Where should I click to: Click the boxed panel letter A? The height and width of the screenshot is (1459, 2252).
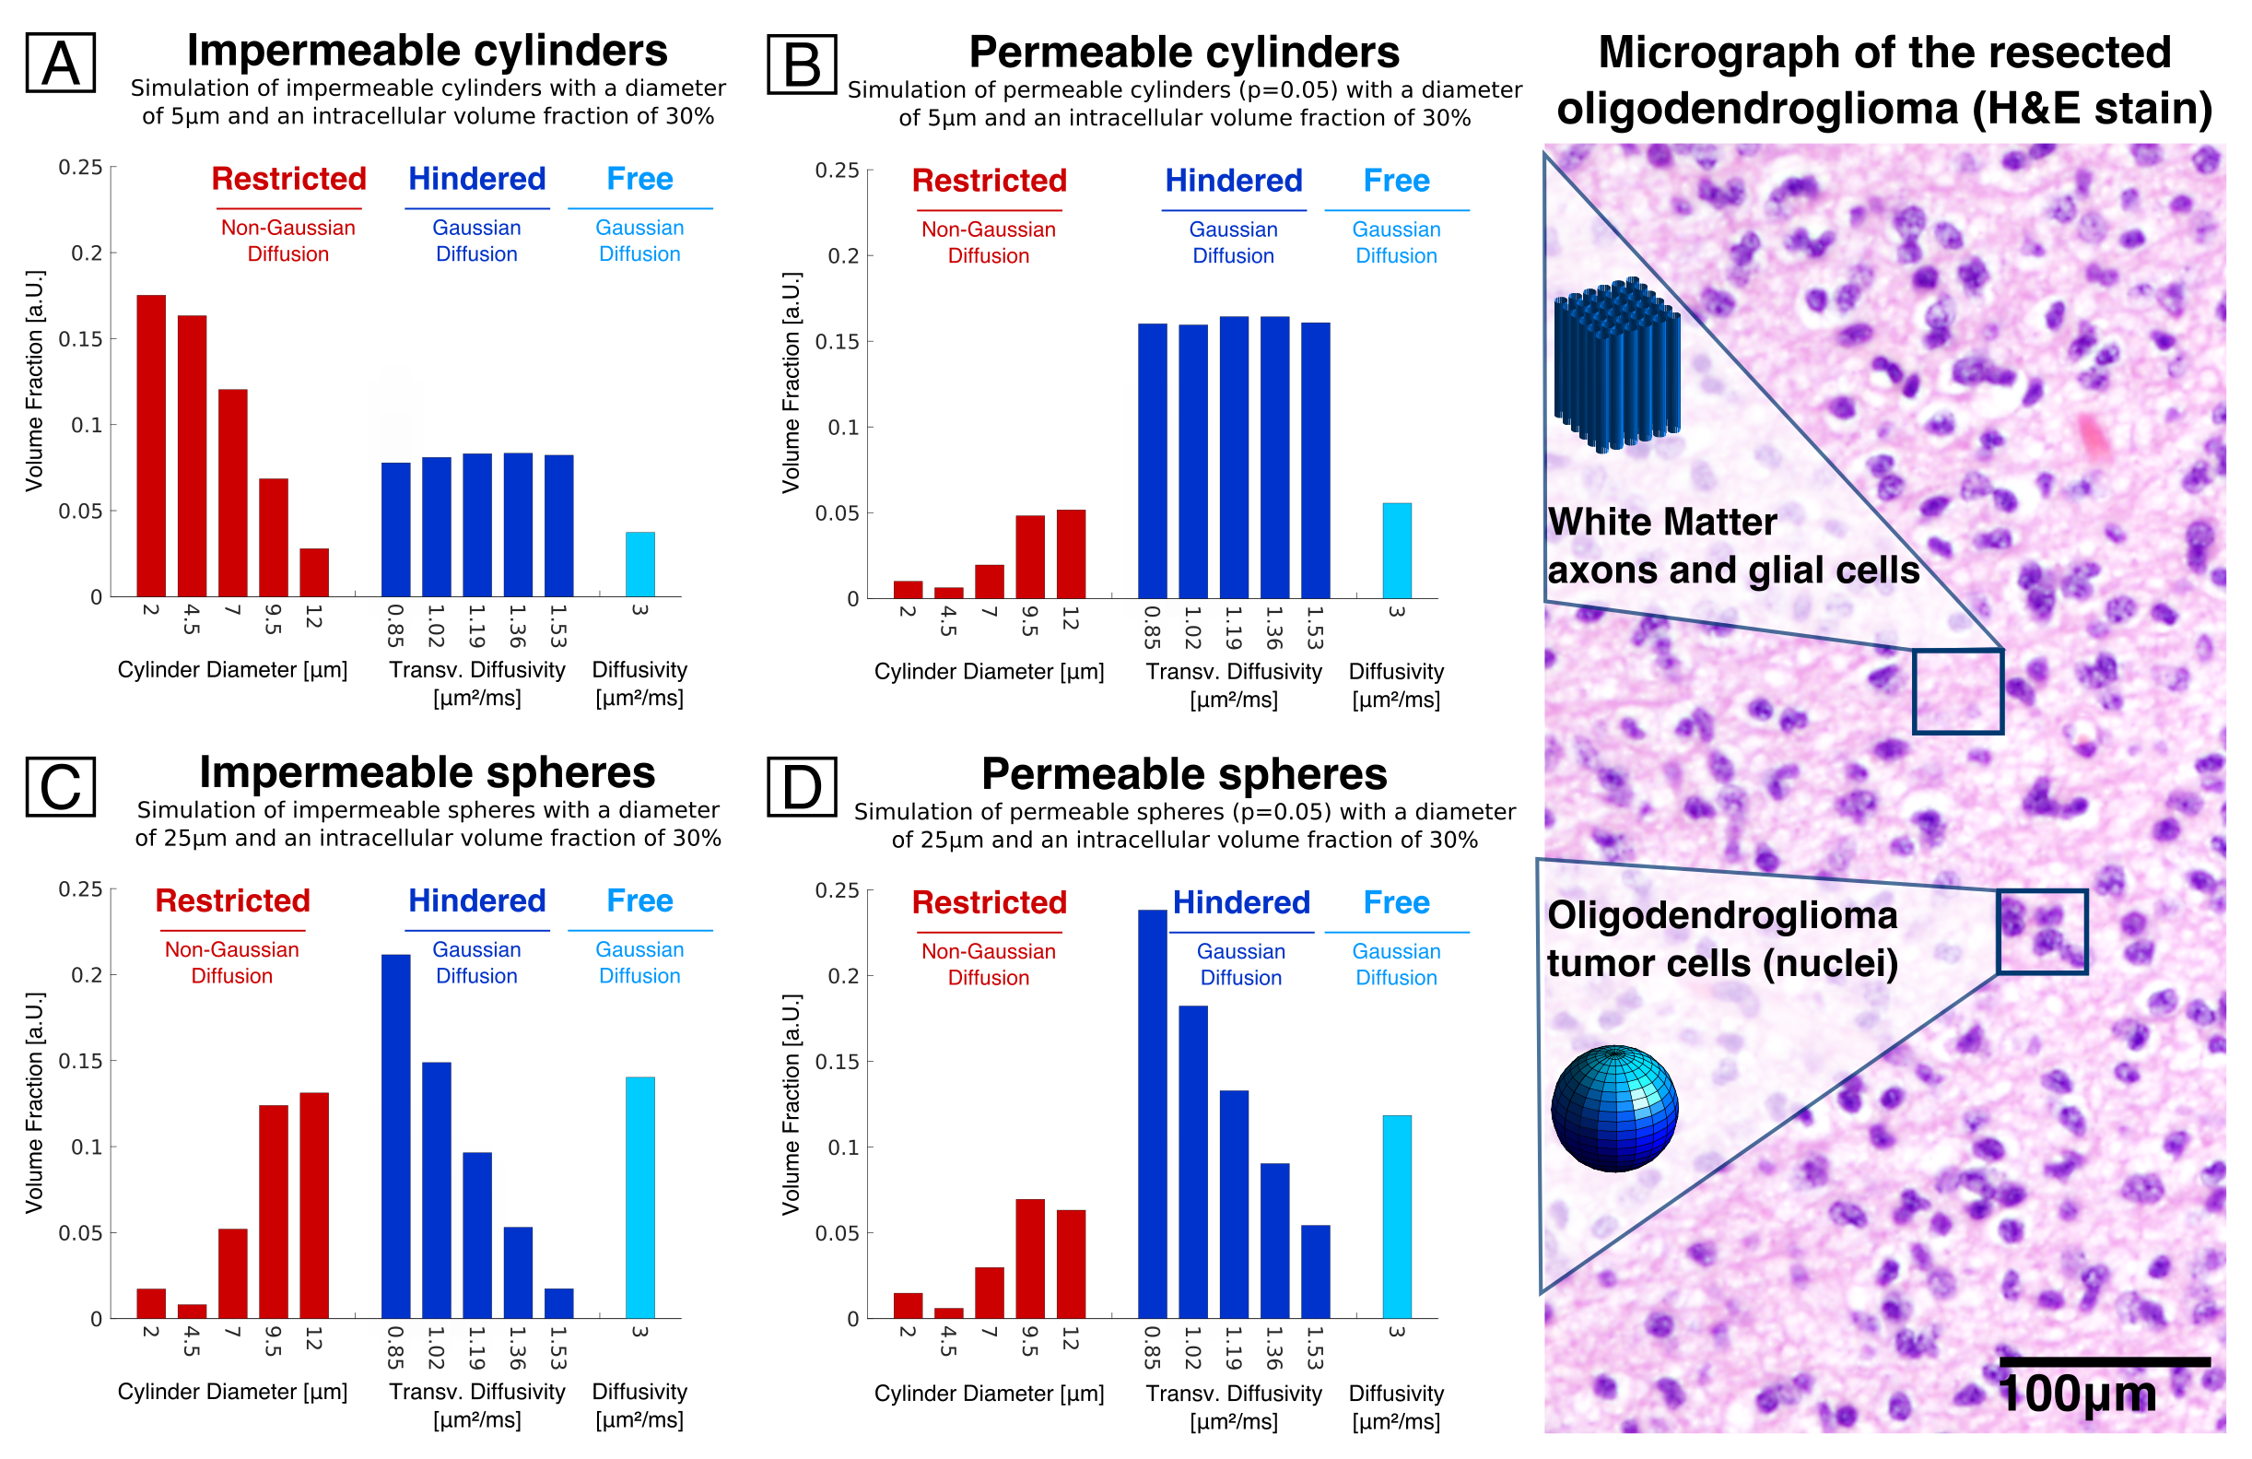tap(61, 64)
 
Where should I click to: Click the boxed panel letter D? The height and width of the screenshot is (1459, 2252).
tap(802, 786)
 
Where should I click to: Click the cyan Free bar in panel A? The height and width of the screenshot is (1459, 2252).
tap(639, 564)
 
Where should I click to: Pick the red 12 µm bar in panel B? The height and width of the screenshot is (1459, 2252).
tap(1071, 555)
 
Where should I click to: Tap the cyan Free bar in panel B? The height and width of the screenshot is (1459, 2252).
tap(1397, 550)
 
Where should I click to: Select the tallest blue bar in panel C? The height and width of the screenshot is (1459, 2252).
tap(395, 1135)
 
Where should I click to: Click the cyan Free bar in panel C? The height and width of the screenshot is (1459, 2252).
tap(639, 1197)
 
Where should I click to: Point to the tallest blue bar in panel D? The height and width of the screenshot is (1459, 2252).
tap(1152, 1113)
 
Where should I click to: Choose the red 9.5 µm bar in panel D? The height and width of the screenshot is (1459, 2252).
tap(1030, 1258)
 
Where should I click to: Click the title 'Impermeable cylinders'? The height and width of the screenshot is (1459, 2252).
tap(427, 51)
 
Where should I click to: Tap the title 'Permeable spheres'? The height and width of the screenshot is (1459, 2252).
tap(1184, 774)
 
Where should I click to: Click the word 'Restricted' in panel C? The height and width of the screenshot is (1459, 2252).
tap(233, 900)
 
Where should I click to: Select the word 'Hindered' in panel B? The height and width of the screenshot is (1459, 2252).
tap(1233, 181)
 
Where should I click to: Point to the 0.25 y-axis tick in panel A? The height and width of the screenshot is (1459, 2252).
tap(80, 168)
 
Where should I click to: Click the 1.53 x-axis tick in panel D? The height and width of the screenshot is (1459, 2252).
tap(1315, 1347)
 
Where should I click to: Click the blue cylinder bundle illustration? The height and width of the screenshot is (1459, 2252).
tap(1616, 365)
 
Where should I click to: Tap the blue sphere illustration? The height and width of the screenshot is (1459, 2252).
tap(1614, 1108)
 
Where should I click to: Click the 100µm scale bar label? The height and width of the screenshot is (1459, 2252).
tap(2077, 1394)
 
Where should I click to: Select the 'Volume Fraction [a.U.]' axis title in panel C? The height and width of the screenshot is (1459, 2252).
tap(35, 1102)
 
